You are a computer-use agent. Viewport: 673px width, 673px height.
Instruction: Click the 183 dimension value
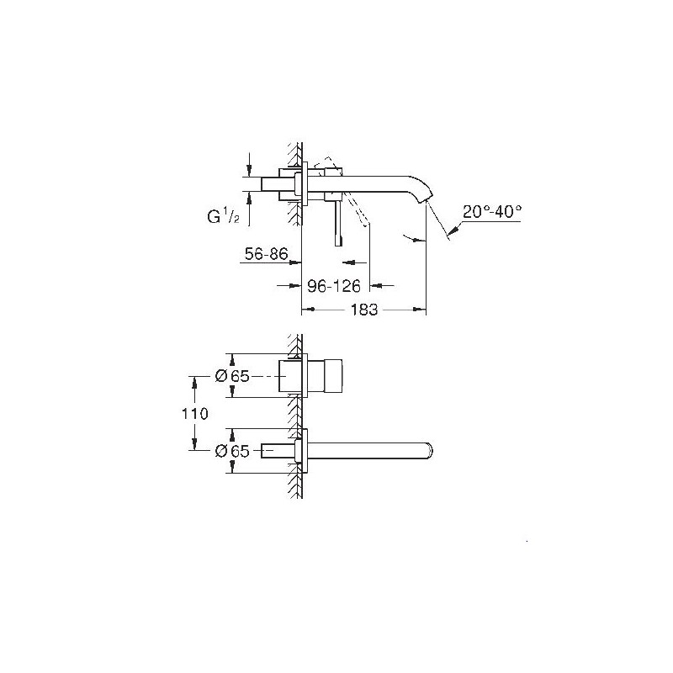click(x=364, y=310)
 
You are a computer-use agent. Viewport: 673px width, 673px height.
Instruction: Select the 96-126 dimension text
click(x=333, y=286)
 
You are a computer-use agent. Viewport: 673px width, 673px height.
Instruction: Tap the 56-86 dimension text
click(x=266, y=254)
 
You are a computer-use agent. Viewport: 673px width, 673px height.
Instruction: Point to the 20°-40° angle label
click(x=492, y=212)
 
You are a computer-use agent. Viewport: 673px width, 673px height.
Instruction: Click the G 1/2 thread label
click(x=223, y=217)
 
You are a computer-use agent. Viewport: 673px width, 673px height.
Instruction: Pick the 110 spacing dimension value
click(x=194, y=414)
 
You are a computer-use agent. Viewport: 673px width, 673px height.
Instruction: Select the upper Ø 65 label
click(x=232, y=376)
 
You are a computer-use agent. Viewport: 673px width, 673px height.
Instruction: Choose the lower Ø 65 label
click(x=232, y=451)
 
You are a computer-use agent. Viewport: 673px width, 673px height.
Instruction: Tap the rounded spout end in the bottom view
click(x=428, y=451)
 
